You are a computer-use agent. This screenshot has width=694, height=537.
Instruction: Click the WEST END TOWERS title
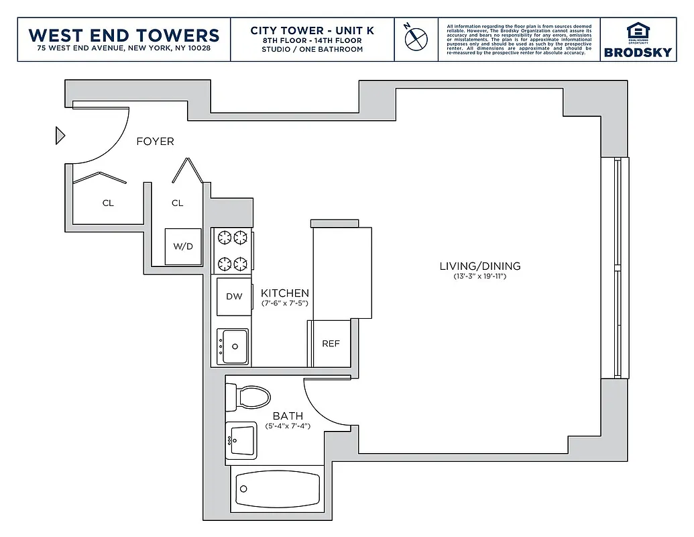124,35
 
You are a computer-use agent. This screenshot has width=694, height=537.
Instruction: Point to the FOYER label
155,142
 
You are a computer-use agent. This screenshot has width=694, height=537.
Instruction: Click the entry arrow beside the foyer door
60,136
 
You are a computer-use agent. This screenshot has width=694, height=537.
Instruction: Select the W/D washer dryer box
183,246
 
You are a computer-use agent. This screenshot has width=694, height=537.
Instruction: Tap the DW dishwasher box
233,297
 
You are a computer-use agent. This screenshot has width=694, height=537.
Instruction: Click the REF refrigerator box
331,344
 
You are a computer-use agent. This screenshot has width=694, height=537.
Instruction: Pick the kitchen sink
233,346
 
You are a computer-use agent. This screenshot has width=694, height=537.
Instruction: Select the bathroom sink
241,440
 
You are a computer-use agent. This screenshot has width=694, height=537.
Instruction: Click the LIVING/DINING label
479,266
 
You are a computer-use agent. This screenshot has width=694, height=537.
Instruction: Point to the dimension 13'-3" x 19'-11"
479,277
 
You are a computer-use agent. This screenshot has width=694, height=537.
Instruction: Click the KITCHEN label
285,293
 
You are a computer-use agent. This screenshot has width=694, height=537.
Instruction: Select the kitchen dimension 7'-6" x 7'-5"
285,304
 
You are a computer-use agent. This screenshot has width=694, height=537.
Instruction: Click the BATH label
288,416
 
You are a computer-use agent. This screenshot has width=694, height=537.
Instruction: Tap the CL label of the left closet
108,203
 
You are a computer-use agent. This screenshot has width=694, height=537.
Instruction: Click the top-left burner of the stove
223,237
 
